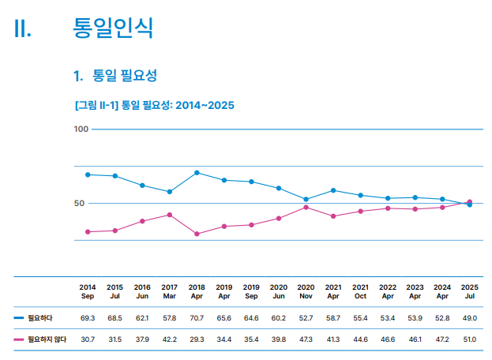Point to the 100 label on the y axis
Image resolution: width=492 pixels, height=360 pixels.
81,129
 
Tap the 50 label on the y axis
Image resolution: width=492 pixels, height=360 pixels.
79,203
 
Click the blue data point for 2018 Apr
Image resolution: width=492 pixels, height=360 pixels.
197,172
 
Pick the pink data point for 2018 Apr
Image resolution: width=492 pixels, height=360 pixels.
197,234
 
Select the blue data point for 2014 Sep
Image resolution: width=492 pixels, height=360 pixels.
88,174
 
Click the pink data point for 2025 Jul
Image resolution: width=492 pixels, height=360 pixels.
470,202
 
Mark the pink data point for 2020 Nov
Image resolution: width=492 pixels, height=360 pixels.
306,207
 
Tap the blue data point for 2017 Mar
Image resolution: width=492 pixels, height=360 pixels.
170,192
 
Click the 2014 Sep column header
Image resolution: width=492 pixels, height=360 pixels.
88,291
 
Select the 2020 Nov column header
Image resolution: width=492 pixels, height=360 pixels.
306,291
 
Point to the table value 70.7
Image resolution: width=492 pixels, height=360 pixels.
197,317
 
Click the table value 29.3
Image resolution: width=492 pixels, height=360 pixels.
197,339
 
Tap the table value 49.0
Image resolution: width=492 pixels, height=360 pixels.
470,317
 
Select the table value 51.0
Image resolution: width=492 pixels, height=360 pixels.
470,339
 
